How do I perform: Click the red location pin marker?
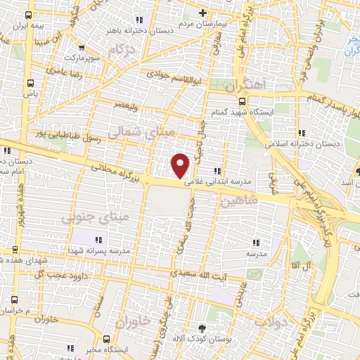tap(181, 165)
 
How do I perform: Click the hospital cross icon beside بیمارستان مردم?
tap(203, 12)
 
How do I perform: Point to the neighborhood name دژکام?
tap(122, 50)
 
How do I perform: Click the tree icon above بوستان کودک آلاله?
tap(203, 328)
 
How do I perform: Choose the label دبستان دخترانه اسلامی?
tap(302, 143)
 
